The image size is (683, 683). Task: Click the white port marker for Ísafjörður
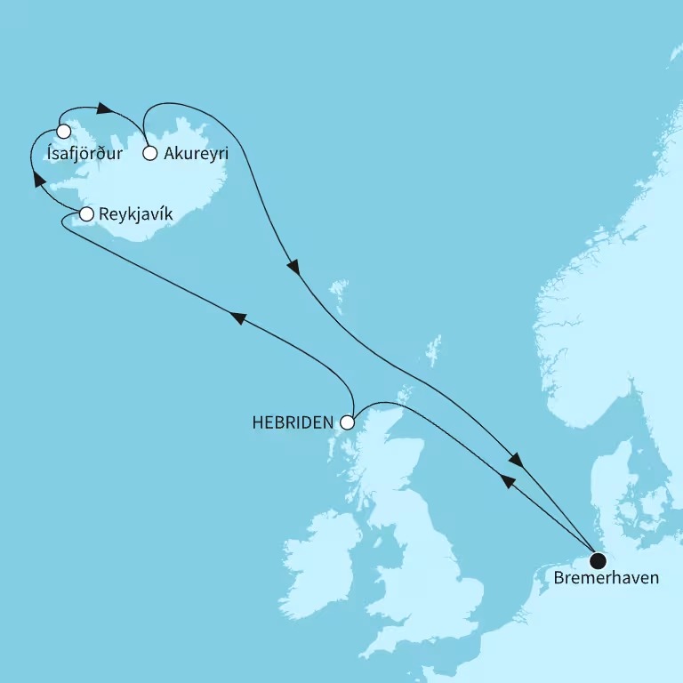pos(63,132)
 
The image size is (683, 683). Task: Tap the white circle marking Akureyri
pos(150,153)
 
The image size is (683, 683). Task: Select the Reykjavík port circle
pos(86,214)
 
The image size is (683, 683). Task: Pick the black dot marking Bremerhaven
pos(598,560)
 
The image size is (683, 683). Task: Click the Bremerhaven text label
pos(607,579)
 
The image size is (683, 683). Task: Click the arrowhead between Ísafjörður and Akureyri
pos(104,109)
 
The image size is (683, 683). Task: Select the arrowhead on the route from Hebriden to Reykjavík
pos(237,317)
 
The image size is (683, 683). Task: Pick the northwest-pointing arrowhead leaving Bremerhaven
pos(508,481)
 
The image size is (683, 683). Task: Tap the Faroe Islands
pos(338,288)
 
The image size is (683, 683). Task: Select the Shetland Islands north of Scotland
pos(434,349)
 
